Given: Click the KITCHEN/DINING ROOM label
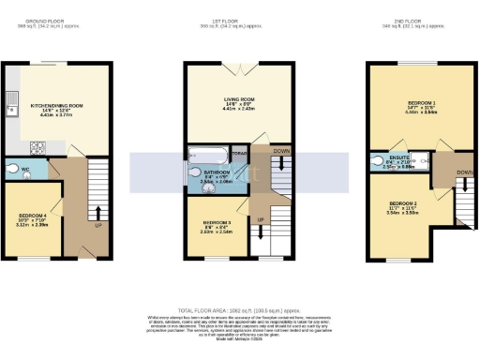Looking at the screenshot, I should [57, 106].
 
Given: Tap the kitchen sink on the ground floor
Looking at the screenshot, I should [11, 100].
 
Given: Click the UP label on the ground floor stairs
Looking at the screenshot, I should [97, 226].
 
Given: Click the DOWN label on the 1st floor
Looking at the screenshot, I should [281, 150].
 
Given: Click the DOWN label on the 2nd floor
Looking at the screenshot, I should [464, 172].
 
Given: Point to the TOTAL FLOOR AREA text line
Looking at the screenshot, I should [239, 310].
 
